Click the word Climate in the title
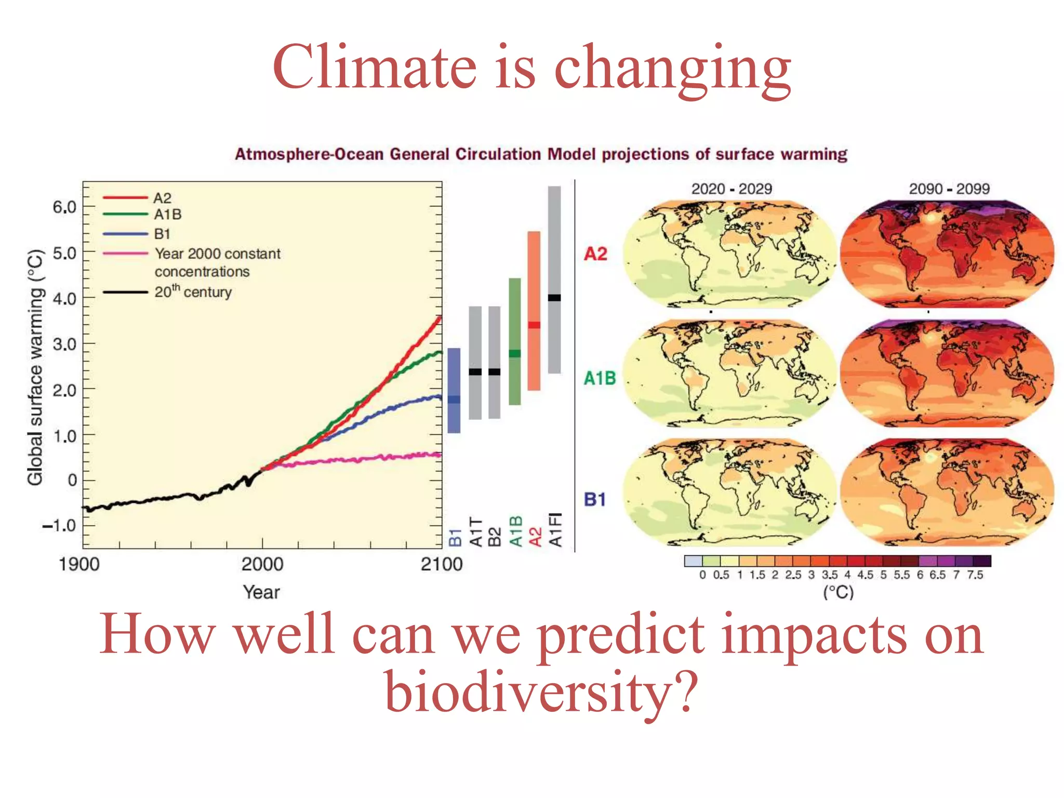(374, 68)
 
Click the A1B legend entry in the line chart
(168, 214)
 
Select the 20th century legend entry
(193, 292)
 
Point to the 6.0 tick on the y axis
(64, 207)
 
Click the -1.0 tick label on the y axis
(59, 526)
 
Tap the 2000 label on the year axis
(262, 564)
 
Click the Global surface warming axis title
(35, 368)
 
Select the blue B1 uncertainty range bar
(454, 390)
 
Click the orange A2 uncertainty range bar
(534, 311)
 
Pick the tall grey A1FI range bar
(554, 280)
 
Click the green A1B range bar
(514, 341)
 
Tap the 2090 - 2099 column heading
(949, 189)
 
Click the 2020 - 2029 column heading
(731, 189)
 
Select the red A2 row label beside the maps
(595, 254)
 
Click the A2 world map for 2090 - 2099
(947, 254)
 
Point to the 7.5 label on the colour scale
(975, 575)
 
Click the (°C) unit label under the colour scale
(838, 592)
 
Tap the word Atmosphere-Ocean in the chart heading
(309, 154)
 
